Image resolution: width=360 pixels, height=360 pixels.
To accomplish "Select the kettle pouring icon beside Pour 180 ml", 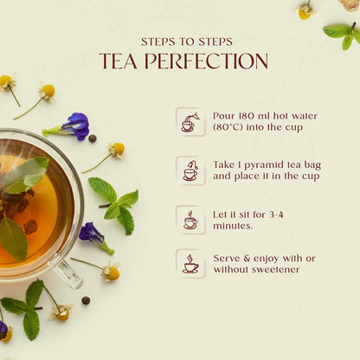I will click(x=190, y=121).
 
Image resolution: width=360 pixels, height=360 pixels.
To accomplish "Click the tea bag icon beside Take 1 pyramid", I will click(x=190, y=170).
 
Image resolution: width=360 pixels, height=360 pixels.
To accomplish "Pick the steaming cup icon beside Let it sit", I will click(x=190, y=219).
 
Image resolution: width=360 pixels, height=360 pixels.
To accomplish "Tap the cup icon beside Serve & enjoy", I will click(x=190, y=263).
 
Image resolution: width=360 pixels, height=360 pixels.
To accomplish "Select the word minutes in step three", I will click(x=234, y=225).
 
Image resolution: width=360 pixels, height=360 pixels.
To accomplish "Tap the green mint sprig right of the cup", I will click(x=115, y=204).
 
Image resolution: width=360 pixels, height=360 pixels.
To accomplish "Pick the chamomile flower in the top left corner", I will click(x=9, y=83).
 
